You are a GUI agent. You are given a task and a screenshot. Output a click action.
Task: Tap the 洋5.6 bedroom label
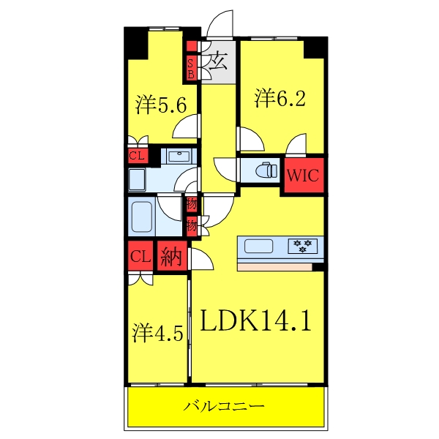pos(166,105)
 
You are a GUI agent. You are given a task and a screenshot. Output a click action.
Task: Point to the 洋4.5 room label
pos(157,334)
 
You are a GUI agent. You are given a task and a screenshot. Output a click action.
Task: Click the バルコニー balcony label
pos(224,405)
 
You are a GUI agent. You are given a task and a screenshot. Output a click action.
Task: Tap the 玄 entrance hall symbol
pos(218,61)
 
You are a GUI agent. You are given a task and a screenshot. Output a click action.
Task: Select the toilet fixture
pos(264,170)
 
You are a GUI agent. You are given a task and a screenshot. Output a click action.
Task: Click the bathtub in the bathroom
pos(141,217)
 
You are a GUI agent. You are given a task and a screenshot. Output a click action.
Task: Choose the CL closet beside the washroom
pos(137,155)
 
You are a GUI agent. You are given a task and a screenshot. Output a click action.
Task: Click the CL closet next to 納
pos(140,256)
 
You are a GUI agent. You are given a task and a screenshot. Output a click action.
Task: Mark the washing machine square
pos(137,179)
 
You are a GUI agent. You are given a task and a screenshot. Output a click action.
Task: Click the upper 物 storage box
pos(192,204)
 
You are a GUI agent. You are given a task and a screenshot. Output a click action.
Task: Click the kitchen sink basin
pos(258,245)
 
